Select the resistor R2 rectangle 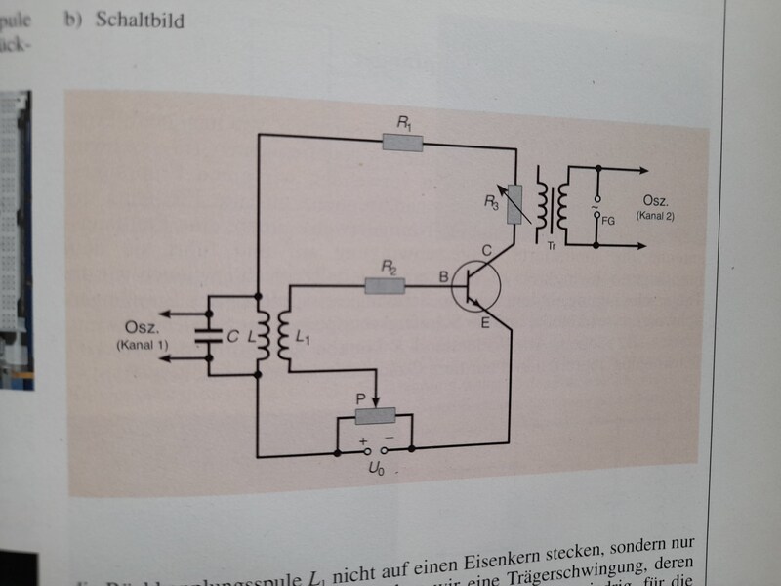(384, 286)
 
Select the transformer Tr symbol (553, 203)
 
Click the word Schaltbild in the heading (140, 21)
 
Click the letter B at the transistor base (443, 278)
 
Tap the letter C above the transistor (485, 251)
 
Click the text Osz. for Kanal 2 (661, 199)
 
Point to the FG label (608, 222)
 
